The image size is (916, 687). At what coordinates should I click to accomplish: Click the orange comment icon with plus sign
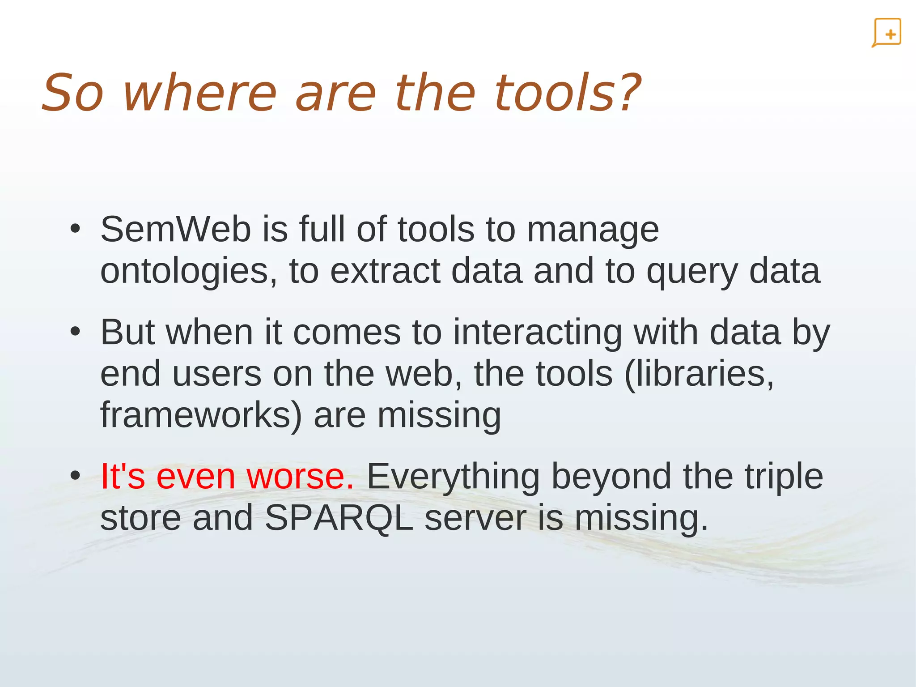click(887, 33)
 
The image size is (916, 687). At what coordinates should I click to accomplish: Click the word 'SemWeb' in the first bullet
click(175, 229)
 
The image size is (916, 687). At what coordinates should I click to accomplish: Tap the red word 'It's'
click(123, 476)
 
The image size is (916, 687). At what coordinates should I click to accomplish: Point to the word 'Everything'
click(453, 477)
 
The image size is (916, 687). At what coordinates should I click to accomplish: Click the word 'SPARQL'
click(339, 518)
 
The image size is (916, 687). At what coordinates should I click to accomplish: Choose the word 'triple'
click(784, 477)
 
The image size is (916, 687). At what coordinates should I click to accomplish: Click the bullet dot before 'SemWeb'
click(75, 229)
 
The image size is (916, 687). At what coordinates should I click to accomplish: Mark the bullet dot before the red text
click(75, 475)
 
